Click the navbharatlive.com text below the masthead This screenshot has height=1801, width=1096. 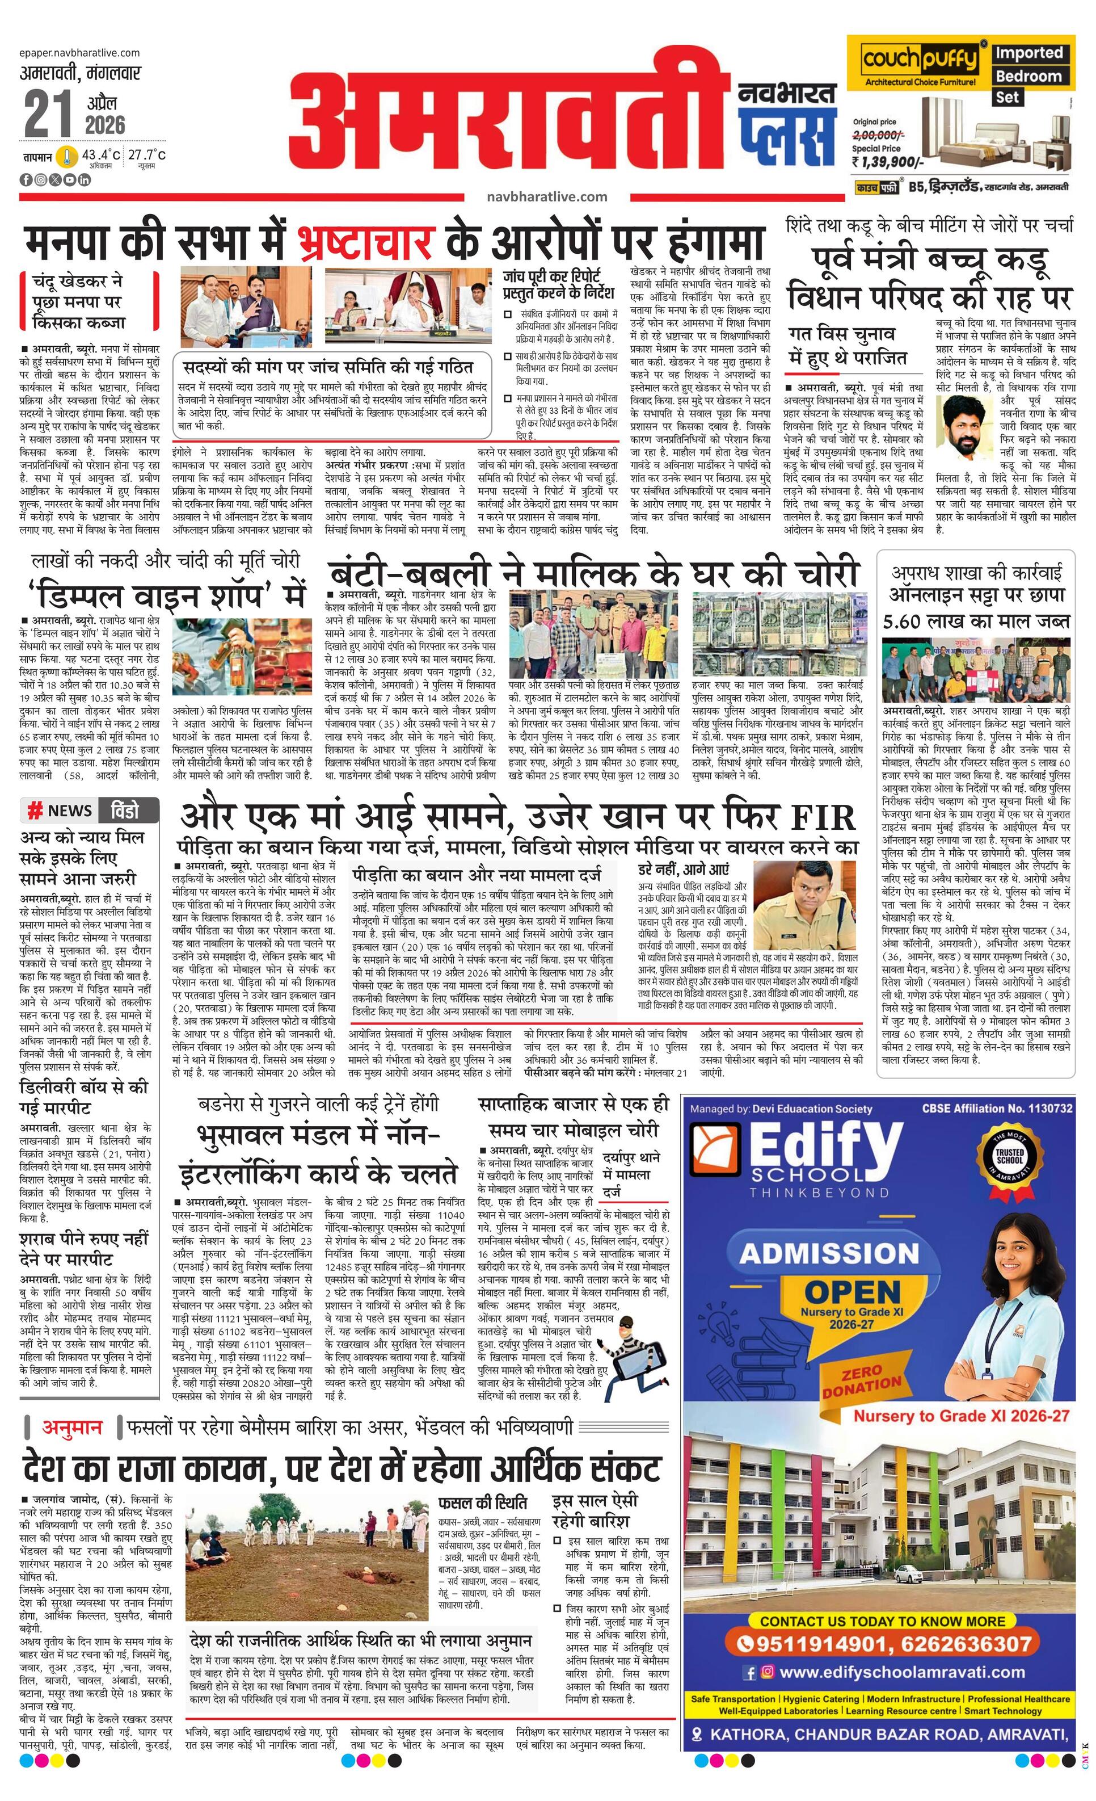coord(546,196)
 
